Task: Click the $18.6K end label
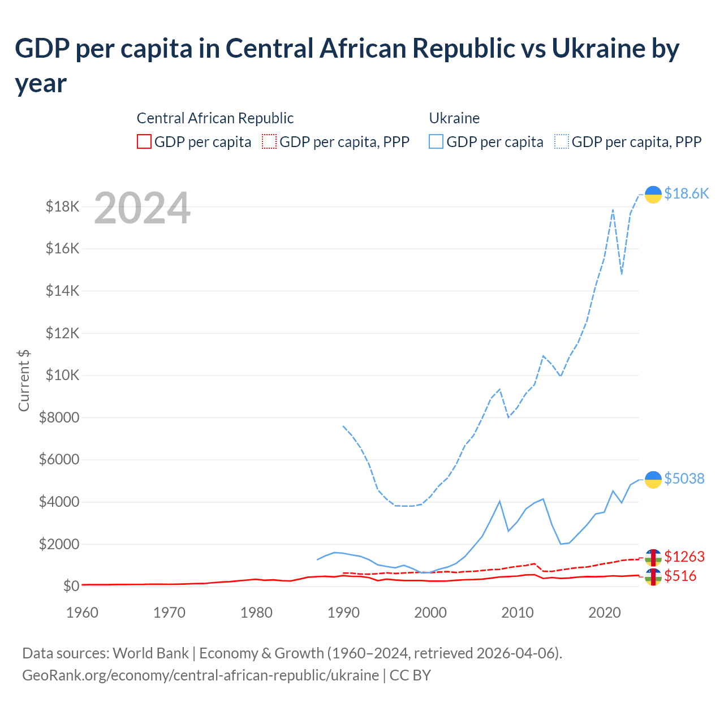[686, 194]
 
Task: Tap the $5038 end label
[684, 479]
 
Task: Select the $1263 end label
[684, 557]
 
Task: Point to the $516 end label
[680, 576]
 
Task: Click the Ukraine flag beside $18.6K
[653, 194]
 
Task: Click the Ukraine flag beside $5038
[653, 479]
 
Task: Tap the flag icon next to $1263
[653, 557]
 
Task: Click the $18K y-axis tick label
[62, 207]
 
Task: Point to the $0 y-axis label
[71, 587]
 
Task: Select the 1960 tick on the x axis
[82, 613]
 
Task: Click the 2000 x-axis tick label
[430, 613]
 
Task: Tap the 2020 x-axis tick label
[605, 613]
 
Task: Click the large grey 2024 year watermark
[142, 209]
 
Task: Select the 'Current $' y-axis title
[24, 380]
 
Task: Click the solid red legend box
[144, 141]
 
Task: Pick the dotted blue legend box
[562, 141]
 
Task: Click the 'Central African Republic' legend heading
[215, 118]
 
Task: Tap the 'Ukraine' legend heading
[454, 118]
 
